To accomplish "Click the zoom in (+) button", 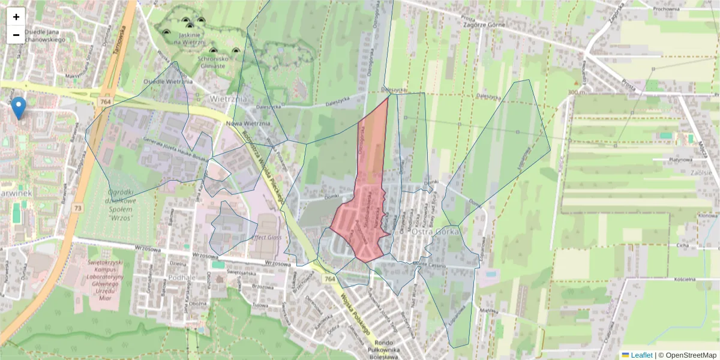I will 16,17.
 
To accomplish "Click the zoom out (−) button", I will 16,35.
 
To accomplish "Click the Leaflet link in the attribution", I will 641,355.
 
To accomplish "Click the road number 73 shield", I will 77,208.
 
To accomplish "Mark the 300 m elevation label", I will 576,92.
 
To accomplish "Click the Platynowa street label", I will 681,160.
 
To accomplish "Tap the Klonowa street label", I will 708,215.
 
